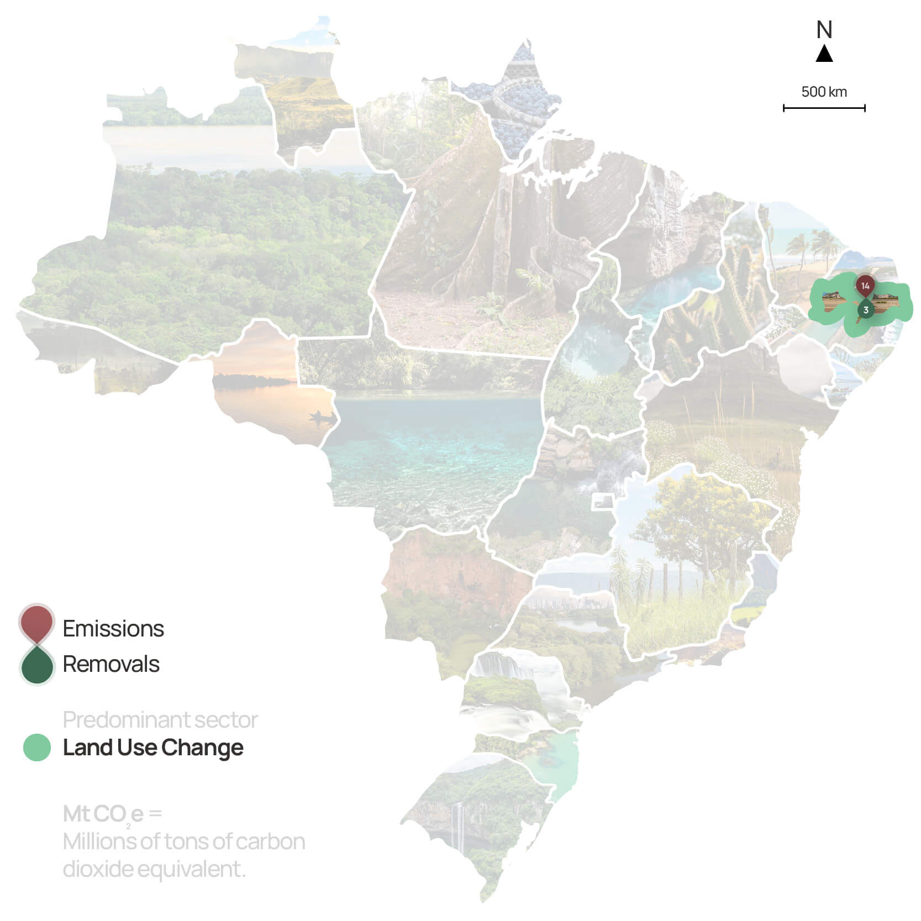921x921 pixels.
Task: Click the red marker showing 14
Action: tap(865, 286)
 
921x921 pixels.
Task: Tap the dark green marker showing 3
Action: tap(866, 310)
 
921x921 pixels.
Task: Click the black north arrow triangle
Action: tap(824, 54)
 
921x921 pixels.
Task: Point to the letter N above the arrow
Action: tap(824, 30)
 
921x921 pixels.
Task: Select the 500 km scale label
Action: tap(824, 92)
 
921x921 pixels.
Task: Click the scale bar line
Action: tap(824, 108)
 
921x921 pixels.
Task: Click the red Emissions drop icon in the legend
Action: tap(36, 623)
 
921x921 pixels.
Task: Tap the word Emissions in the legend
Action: tap(113, 629)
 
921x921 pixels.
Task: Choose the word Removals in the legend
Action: tap(111, 664)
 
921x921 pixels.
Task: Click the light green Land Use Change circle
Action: tap(37, 748)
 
